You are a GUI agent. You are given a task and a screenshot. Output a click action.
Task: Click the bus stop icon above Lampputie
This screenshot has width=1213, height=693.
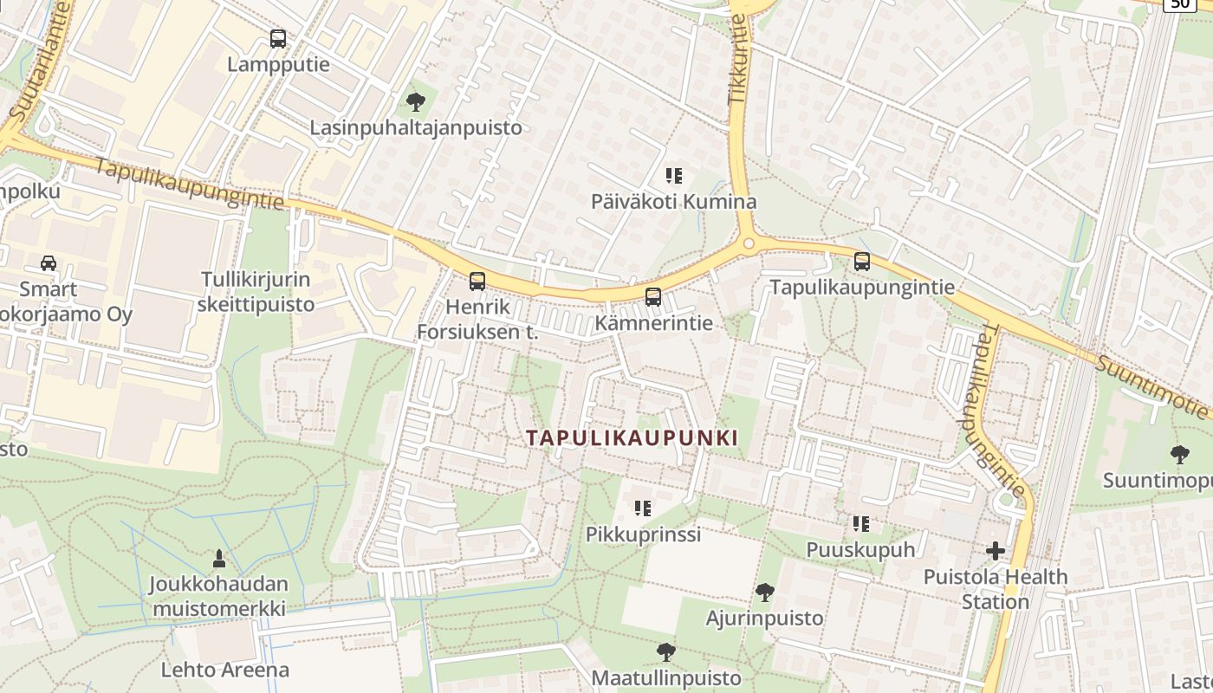[277, 39]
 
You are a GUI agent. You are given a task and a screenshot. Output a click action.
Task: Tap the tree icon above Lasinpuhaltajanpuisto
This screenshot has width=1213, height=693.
[416, 102]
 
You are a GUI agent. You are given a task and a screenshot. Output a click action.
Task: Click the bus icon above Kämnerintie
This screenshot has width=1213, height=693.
[653, 297]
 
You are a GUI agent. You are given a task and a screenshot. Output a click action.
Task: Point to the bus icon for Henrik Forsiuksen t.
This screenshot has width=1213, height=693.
[477, 281]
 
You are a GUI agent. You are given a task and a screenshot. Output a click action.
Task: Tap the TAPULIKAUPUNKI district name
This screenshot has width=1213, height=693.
[632, 438]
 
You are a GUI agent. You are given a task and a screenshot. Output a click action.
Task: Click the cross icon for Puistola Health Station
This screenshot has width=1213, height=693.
[996, 550]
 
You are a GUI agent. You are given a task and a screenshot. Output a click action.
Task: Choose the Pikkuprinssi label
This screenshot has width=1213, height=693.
[643, 534]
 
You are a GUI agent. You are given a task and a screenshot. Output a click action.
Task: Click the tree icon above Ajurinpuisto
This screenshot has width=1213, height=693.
[764, 593]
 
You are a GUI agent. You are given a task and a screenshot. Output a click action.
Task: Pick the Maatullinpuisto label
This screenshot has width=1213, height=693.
[666, 677]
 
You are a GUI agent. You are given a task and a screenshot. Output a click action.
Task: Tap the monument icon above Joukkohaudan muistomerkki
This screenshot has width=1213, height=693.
[218, 559]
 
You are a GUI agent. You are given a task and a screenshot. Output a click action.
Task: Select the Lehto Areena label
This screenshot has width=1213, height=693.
[225, 670]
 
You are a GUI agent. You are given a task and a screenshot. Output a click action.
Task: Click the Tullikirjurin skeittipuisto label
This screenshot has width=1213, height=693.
[256, 292]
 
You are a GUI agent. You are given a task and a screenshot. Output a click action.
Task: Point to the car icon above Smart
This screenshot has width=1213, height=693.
[49, 263]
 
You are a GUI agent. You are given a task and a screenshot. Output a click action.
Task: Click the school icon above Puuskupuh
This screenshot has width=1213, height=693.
[860, 523]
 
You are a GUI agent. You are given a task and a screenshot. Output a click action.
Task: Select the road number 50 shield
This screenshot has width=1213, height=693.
[1178, 4]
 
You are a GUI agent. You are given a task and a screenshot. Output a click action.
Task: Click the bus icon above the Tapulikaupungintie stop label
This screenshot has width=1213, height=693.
[862, 261]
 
